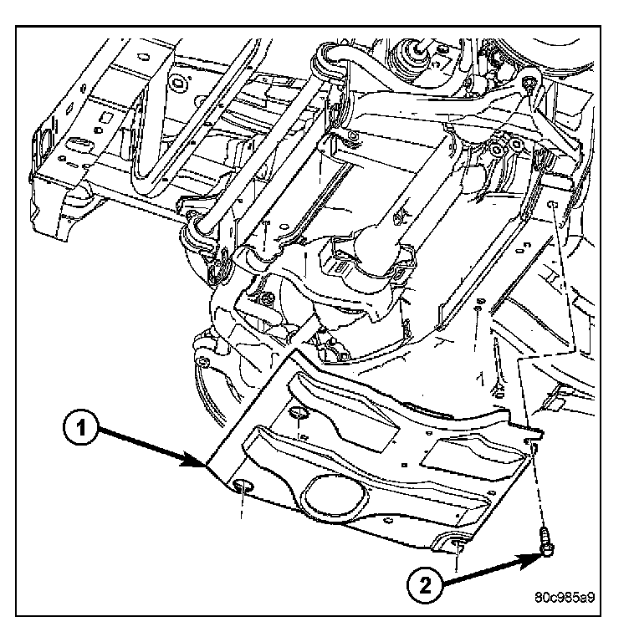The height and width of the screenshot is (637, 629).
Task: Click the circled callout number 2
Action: [423, 583]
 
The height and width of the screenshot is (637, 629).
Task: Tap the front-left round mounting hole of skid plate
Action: [244, 487]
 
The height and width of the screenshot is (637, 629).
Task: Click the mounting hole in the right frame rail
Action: [553, 204]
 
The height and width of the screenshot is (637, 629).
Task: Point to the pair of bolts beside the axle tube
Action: [506, 149]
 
